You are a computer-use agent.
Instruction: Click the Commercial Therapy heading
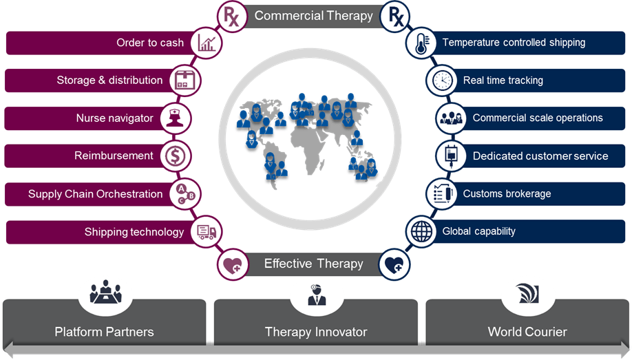click(x=313, y=16)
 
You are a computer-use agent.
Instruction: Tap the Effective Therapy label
click(x=313, y=264)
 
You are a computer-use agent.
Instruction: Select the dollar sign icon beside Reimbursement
click(x=173, y=156)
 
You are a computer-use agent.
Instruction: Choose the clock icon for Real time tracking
click(x=442, y=81)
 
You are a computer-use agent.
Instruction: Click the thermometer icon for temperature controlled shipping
click(x=421, y=43)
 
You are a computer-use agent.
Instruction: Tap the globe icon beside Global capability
click(x=421, y=232)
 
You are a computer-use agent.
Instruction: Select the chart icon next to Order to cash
click(x=207, y=43)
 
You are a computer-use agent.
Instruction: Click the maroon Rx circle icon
click(x=231, y=16)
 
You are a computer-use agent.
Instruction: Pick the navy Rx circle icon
click(x=397, y=16)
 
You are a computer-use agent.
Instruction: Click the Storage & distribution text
click(x=109, y=81)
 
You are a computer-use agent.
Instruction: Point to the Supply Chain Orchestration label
click(x=96, y=194)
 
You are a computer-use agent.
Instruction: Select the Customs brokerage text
click(x=507, y=194)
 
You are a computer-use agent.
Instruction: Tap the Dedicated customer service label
click(x=540, y=156)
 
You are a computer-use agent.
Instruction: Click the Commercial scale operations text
click(x=538, y=118)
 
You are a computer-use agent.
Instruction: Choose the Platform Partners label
click(x=105, y=332)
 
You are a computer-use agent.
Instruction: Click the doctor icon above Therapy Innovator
click(x=317, y=295)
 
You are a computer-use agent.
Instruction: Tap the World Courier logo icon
click(x=527, y=294)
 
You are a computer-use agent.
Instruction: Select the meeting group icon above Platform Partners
click(x=105, y=292)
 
